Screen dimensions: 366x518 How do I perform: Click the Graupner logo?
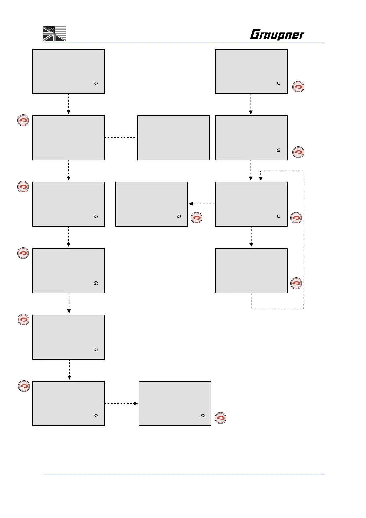pyautogui.click(x=277, y=34)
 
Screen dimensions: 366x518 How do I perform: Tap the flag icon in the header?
pyautogui.click(x=54, y=34)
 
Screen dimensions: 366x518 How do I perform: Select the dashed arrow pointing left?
pyautogui.click(x=201, y=204)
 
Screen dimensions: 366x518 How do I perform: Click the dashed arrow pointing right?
pyautogui.click(x=121, y=403)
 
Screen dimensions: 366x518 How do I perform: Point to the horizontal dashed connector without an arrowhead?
pyautogui.click(x=121, y=138)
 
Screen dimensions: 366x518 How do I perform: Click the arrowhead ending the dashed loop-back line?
pyautogui.click(x=261, y=179)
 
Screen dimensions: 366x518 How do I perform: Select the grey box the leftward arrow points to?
pyautogui.click(x=151, y=204)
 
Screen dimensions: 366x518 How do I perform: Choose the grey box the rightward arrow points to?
pyautogui.click(x=175, y=404)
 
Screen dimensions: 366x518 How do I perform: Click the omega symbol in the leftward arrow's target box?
pyautogui.click(x=179, y=217)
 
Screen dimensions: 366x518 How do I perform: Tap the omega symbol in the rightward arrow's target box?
pyautogui.click(x=203, y=416)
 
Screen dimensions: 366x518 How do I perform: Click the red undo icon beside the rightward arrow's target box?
pyautogui.click(x=220, y=418)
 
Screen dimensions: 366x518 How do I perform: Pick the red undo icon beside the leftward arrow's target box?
pyautogui.click(x=197, y=218)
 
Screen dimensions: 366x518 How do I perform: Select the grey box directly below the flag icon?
pyautogui.click(x=69, y=71)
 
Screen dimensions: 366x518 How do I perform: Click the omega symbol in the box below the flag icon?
pyautogui.click(x=96, y=84)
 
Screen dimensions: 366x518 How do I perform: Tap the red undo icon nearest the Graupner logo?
pyautogui.click(x=298, y=87)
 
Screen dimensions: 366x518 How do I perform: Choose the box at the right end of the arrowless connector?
pyautogui.click(x=173, y=138)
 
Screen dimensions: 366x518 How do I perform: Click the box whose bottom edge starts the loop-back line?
pyautogui.click(x=251, y=271)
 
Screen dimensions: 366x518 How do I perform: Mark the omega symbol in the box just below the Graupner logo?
pyautogui.click(x=279, y=84)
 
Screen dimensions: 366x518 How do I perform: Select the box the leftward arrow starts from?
pyautogui.click(x=251, y=204)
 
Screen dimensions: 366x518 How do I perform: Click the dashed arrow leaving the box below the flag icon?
pyautogui.click(x=68, y=104)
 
